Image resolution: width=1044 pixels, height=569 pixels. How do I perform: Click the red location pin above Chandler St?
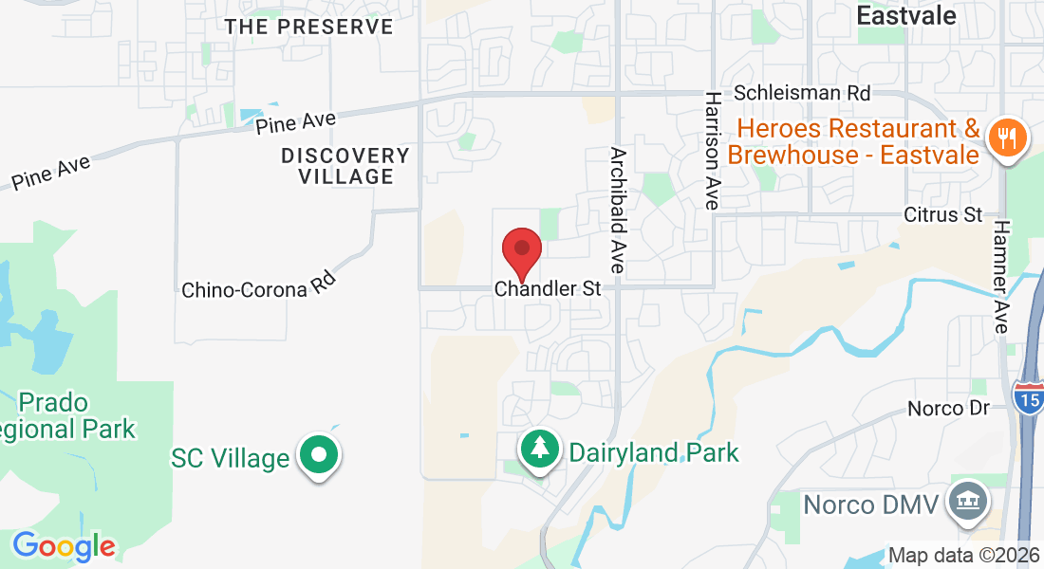[521, 250]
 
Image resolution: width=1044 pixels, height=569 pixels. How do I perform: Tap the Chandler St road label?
[549, 288]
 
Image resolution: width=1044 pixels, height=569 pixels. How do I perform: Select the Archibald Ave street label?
[618, 211]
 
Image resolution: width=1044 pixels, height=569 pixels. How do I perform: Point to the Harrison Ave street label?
[711, 150]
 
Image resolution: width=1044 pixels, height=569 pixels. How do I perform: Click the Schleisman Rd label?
[802, 93]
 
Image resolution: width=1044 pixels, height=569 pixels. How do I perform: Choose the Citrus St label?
[942, 215]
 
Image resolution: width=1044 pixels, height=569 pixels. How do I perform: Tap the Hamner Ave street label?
[999, 276]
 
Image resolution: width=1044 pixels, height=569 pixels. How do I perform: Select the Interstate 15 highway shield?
[1028, 397]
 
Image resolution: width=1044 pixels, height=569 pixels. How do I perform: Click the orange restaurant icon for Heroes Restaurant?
[1003, 138]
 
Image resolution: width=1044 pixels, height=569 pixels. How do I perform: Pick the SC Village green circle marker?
[320, 456]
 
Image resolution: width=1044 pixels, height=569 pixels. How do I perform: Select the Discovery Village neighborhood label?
[345, 166]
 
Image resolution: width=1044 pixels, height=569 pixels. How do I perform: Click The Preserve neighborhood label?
[308, 27]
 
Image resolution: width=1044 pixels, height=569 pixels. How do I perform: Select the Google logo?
[64, 546]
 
